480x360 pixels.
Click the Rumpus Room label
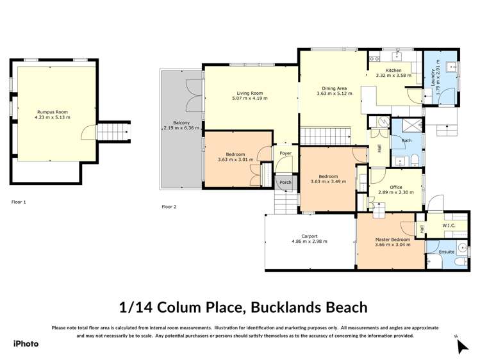[x=52, y=112]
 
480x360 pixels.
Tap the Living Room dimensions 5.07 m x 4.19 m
[x=250, y=99]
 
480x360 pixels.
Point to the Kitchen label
[x=393, y=70]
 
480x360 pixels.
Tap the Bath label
[x=406, y=140]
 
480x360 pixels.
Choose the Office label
[x=396, y=186]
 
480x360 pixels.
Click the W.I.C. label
[x=449, y=225]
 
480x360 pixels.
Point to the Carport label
[x=310, y=235]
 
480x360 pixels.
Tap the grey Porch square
[x=285, y=183]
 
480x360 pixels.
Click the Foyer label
[x=285, y=154]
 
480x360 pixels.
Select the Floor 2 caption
[x=169, y=207]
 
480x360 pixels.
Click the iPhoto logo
[x=26, y=344]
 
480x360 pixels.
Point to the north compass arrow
[x=461, y=346]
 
